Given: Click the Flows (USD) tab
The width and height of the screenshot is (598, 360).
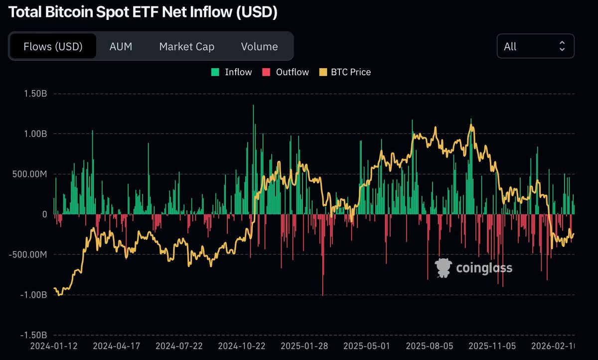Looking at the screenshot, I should [x=53, y=46].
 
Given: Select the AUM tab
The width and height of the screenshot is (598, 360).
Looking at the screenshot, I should [x=121, y=46].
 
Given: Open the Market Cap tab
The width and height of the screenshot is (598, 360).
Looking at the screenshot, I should [x=186, y=46].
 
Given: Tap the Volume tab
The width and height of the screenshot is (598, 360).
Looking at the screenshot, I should [x=259, y=46].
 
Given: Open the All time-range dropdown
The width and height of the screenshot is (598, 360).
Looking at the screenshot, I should [x=535, y=46].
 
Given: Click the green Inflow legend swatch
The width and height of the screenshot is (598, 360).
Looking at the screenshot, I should [x=215, y=72].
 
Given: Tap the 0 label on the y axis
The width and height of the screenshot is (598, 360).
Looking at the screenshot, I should [x=44, y=214].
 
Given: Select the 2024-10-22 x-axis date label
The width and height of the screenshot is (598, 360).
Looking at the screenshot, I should [x=242, y=345].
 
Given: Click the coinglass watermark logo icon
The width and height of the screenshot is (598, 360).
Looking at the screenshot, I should [x=443, y=268].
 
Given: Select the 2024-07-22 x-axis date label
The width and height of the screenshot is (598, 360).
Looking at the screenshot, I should [x=179, y=345].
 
